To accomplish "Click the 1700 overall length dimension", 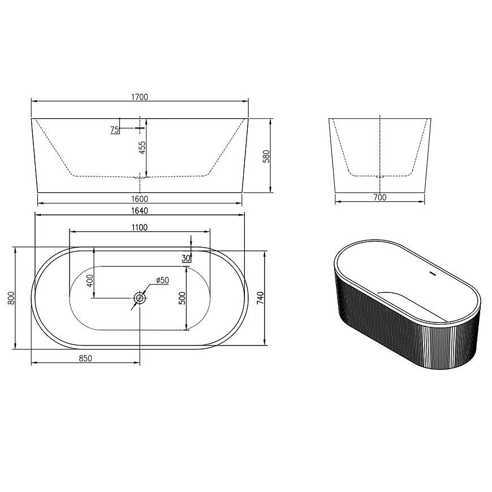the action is pos(139,97).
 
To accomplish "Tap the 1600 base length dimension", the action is pos(140,199).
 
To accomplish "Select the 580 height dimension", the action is pos(266,156).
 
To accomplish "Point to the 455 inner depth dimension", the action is pos(142,148).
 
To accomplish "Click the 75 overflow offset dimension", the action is pos(115,130).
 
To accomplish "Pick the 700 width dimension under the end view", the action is pos(380,197).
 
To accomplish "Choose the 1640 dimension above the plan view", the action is pos(139,210).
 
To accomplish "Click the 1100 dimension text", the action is pos(139,227).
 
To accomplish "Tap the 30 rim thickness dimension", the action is pos(186,258).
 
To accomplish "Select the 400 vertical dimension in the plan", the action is pos(90,281).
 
